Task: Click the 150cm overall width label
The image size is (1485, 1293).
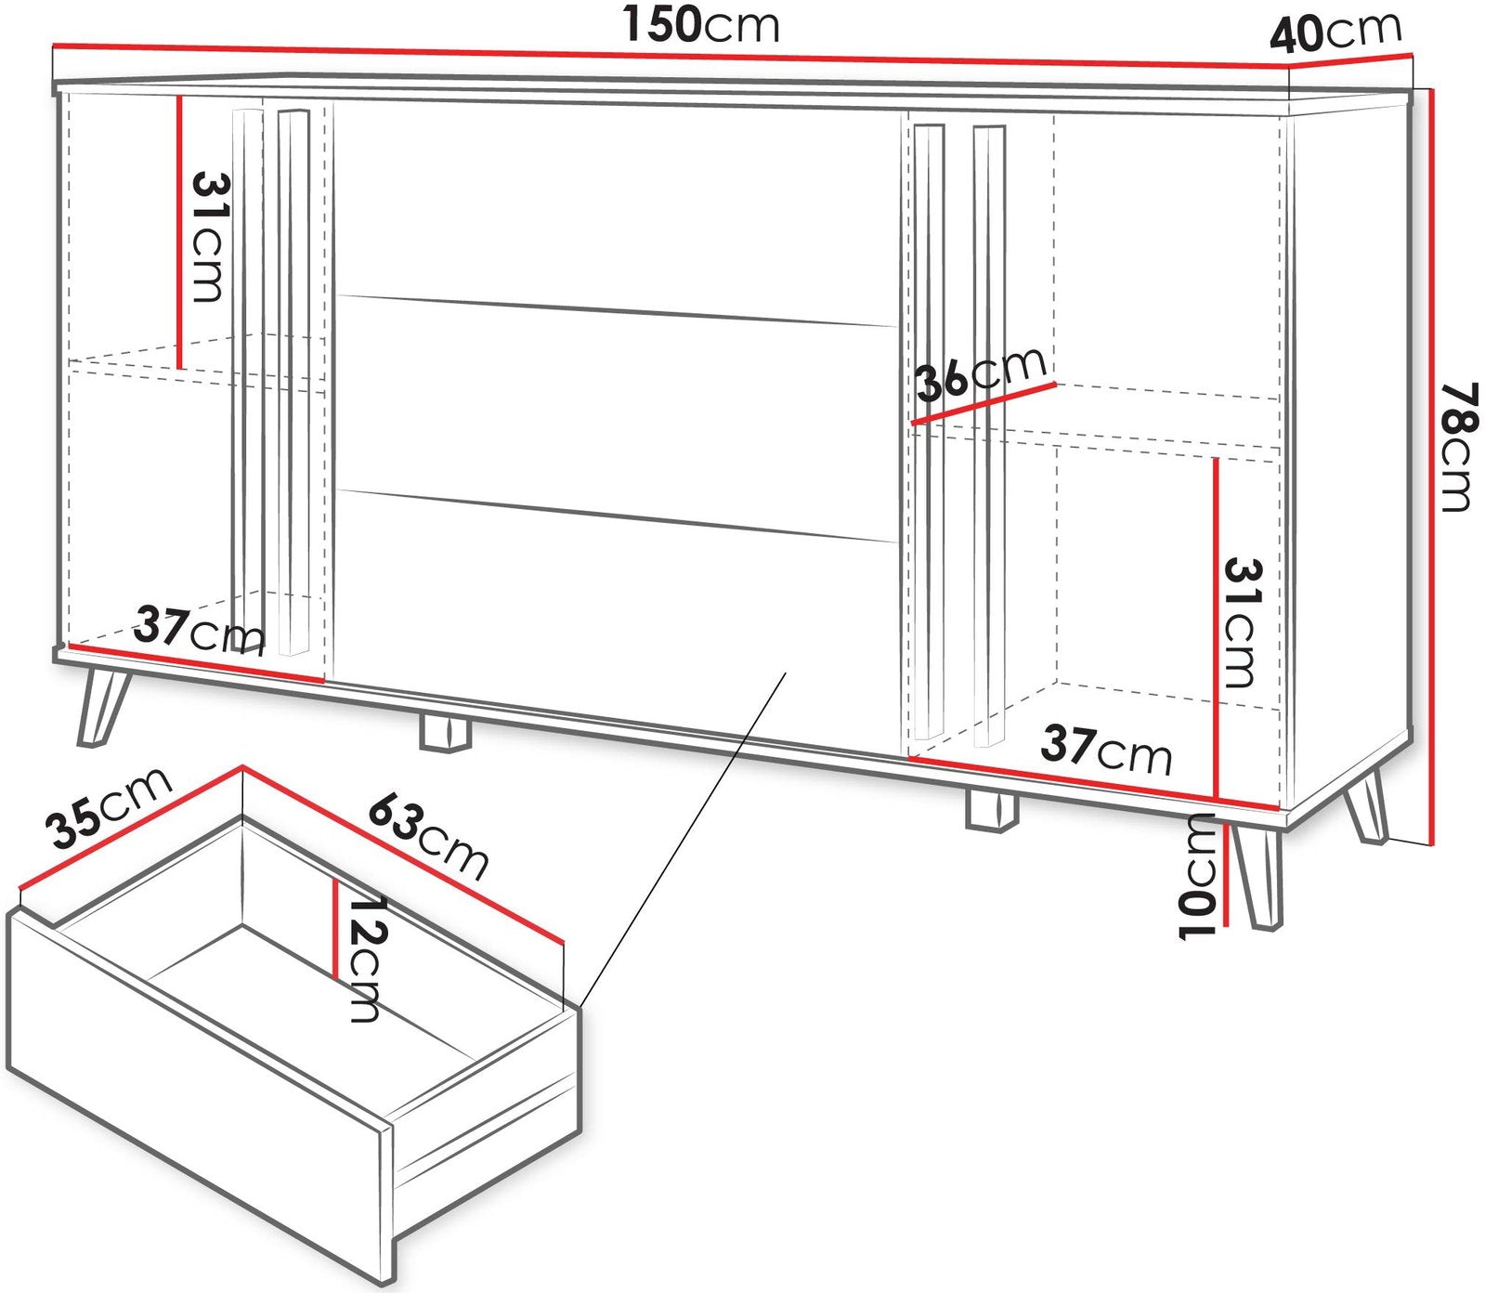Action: pos(701,25)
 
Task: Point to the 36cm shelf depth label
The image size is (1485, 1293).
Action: pos(982,373)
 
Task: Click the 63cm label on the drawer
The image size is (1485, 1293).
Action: pos(428,836)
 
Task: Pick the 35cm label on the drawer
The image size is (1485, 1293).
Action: pos(111,807)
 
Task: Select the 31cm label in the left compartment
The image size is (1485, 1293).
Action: pos(209,237)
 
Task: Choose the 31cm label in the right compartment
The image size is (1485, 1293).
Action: pos(1240,621)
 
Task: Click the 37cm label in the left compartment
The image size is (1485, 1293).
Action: pos(200,630)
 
